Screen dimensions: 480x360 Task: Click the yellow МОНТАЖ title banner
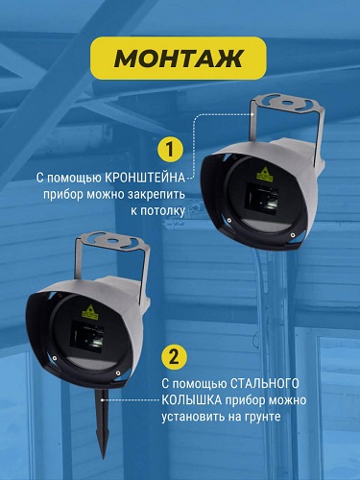(x=179, y=58)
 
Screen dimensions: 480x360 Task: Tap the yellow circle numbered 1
(x=170, y=150)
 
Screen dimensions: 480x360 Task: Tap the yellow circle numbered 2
(x=173, y=357)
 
